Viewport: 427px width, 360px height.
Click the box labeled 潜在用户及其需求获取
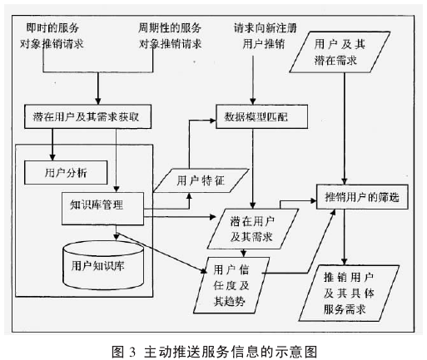point(87,116)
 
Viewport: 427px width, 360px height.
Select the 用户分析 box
point(66,173)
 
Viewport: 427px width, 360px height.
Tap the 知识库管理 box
point(102,209)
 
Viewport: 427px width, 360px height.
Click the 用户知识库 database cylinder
point(103,265)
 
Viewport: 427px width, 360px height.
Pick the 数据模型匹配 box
point(261,116)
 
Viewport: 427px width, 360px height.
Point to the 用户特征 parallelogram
point(201,180)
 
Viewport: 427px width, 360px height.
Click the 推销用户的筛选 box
point(362,197)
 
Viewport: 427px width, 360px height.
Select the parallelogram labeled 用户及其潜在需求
point(340,52)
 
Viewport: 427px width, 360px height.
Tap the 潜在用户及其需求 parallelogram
point(252,229)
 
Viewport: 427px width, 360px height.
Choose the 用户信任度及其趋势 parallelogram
point(231,285)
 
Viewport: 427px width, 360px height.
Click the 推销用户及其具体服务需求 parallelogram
point(349,293)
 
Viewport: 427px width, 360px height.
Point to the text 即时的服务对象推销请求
point(52,36)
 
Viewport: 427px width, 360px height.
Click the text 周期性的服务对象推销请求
point(170,36)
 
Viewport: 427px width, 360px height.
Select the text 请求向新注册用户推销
point(265,36)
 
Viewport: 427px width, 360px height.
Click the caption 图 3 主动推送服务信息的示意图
point(214,352)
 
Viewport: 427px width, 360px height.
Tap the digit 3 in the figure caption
point(132,352)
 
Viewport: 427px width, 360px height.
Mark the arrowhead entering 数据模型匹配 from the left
point(212,121)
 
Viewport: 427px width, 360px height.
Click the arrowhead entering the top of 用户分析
point(52,157)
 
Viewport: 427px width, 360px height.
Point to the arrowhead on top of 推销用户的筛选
point(344,181)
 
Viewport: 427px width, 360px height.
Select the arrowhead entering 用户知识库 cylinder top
point(117,237)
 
